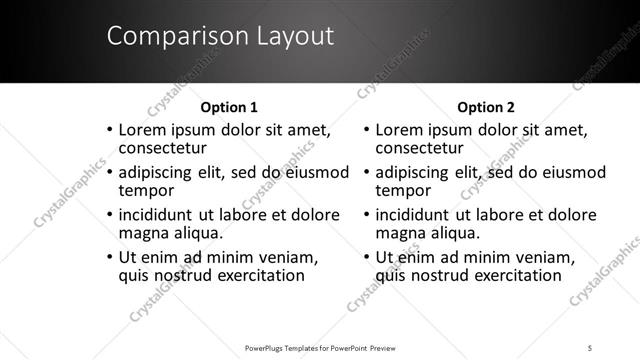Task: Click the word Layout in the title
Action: click(288, 37)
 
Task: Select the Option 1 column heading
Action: click(229, 107)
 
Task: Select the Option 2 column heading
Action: click(485, 107)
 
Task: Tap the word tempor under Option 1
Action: click(146, 190)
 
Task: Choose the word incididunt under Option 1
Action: click(159, 215)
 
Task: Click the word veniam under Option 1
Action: click(289, 258)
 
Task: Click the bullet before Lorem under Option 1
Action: click(109, 131)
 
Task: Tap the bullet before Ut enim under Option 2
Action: click(366, 259)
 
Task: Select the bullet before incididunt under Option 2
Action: click(366, 216)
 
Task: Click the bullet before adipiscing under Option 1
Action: click(109, 173)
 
